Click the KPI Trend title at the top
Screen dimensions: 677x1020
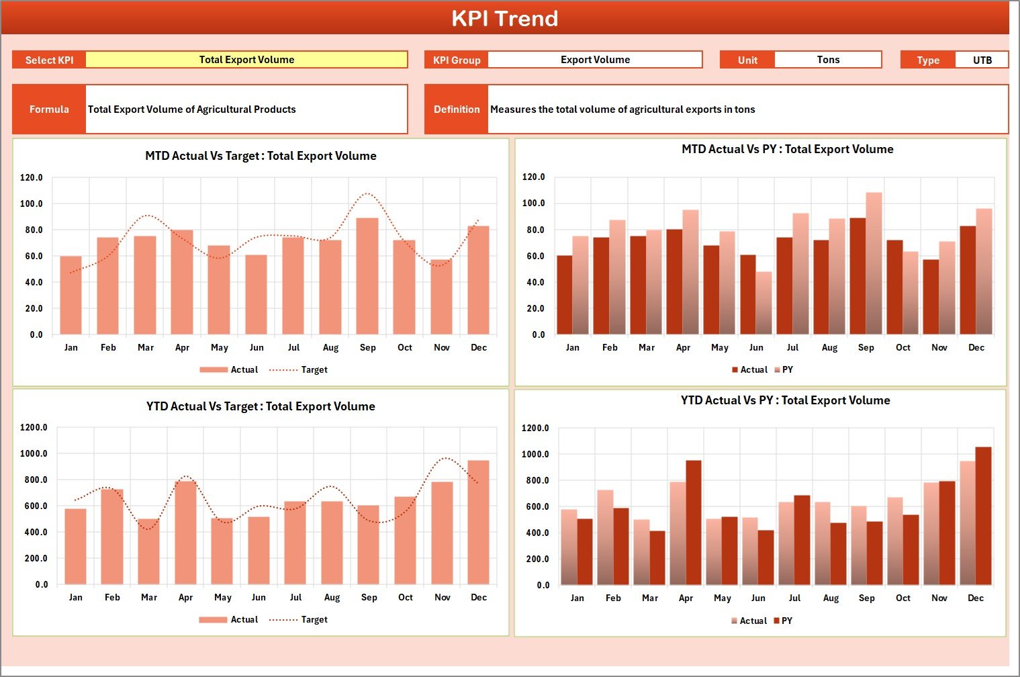pyautogui.click(x=504, y=18)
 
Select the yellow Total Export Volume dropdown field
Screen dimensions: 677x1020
pyautogui.click(x=246, y=60)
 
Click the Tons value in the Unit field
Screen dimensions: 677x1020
pyautogui.click(x=827, y=60)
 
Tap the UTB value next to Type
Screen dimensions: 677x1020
pyautogui.click(x=982, y=60)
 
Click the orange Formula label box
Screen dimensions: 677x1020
pyautogui.click(x=49, y=109)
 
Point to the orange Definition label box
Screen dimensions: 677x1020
pyautogui.click(x=457, y=109)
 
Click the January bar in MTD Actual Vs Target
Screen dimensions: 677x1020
pyautogui.click(x=71, y=296)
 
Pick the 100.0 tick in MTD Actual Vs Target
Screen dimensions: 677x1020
pyautogui.click(x=32, y=204)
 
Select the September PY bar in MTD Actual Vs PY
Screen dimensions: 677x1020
pyautogui.click(x=874, y=264)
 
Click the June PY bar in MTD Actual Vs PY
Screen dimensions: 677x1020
pyautogui.click(x=763, y=303)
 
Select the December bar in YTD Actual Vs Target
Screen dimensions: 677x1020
pyautogui.click(x=479, y=523)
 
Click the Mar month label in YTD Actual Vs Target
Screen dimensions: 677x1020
pyautogui.click(x=149, y=597)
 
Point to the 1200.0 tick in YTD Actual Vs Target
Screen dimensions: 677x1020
pyautogui.click(x=34, y=427)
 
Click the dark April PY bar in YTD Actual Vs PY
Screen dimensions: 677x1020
pyautogui.click(x=693, y=523)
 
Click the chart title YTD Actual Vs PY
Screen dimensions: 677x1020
pyautogui.click(x=785, y=400)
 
